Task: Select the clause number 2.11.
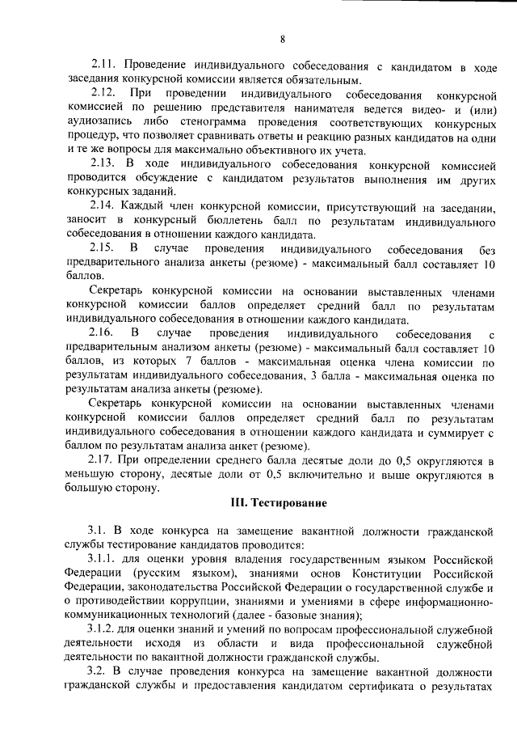point(103,64)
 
